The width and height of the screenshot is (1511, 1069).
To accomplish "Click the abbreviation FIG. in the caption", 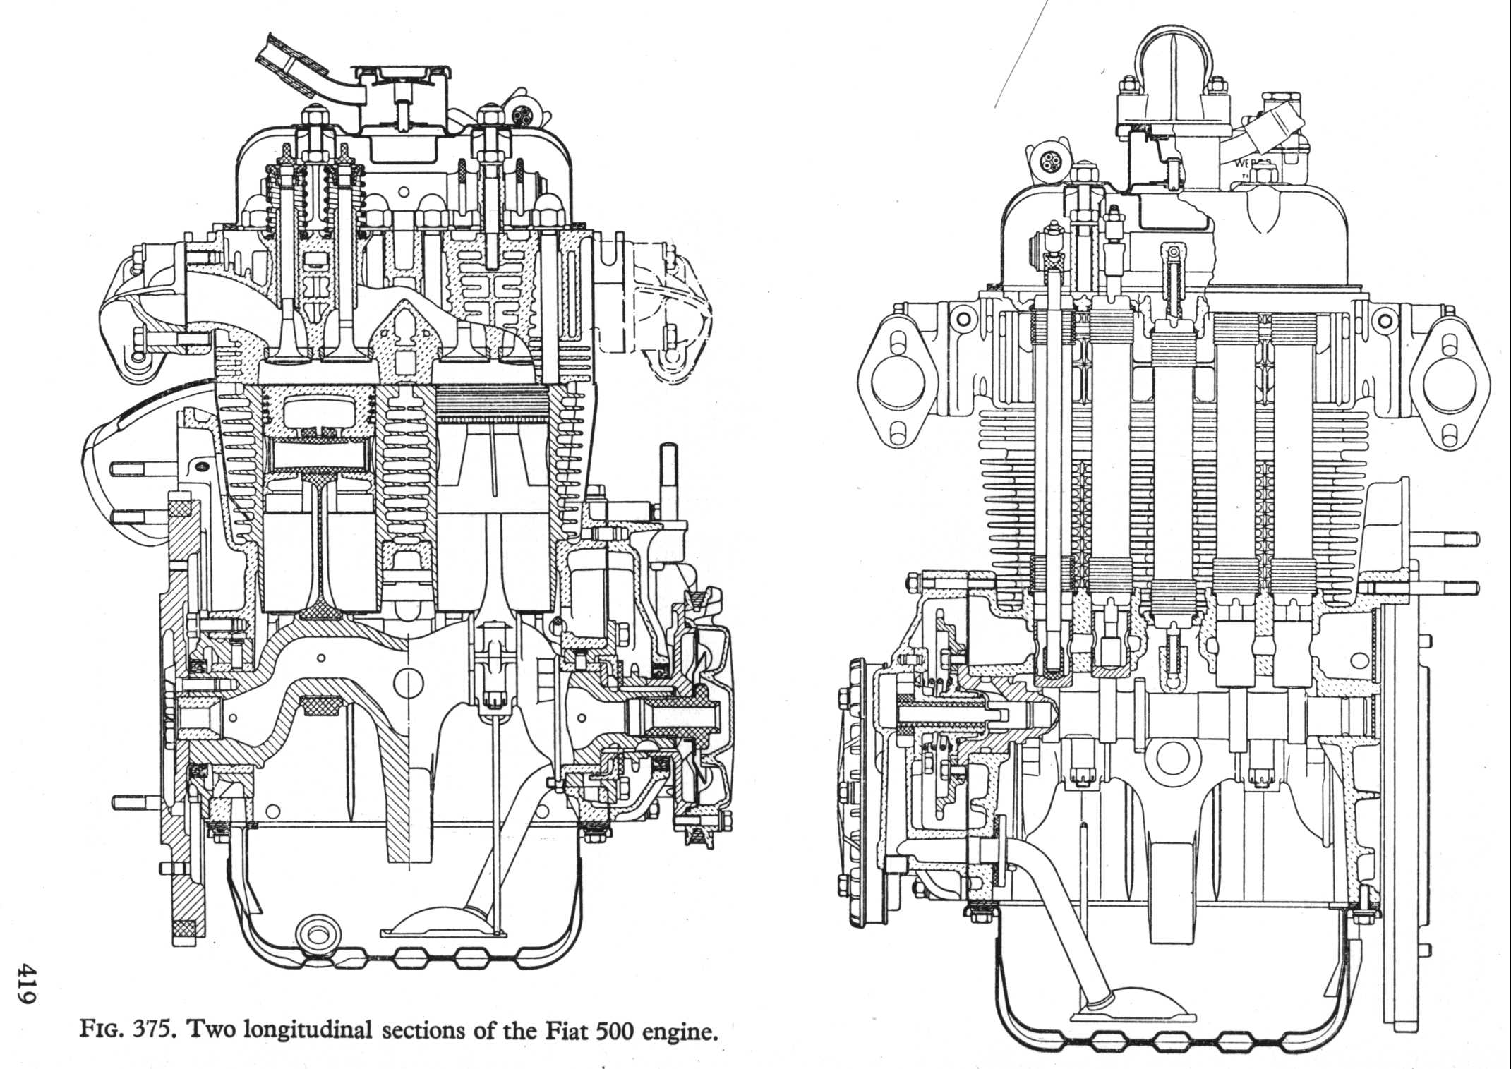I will (x=100, y=1033).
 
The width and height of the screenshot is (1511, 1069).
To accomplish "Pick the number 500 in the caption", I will (x=613, y=1032).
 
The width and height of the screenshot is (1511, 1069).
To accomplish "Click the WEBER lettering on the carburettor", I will (x=1253, y=164).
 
